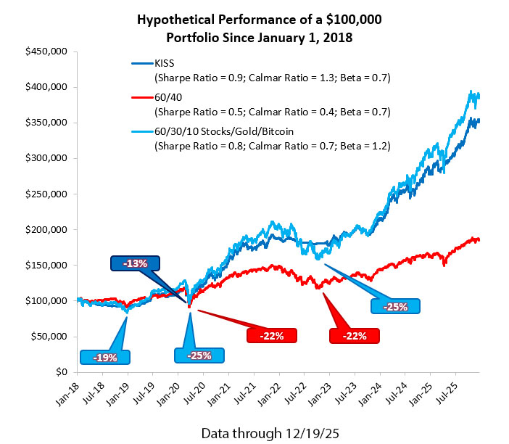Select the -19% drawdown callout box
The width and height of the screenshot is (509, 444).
pos(105,357)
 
